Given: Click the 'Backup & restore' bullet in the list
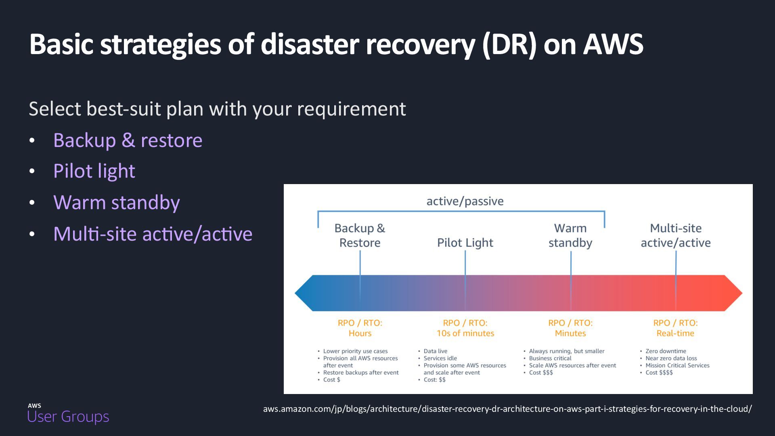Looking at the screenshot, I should coord(128,140).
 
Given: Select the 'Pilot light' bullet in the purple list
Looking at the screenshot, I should coord(94,171).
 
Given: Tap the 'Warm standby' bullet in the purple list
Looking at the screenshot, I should coord(117,202).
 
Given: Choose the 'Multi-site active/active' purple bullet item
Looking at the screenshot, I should coord(153,234).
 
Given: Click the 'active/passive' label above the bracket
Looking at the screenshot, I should coord(465,201).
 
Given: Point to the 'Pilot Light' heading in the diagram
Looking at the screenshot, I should coord(465,243).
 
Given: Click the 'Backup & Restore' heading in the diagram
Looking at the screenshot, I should coord(360,235).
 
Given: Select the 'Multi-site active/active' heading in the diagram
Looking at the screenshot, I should coord(676,235).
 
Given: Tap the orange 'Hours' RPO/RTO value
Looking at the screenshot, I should coord(360,333).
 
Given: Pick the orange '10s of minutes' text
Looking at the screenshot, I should coord(465,333).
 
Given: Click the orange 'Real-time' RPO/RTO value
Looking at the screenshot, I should coord(675,333).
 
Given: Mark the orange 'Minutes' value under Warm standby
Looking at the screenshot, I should coord(570,333).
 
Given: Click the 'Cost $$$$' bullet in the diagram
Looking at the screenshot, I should coord(659,373).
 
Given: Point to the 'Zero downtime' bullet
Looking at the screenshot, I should coord(666,351).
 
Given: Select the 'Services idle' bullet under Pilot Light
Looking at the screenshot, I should coord(440,358).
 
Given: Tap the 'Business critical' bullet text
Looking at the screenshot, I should coord(550,358).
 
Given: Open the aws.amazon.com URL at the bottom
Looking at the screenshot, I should coord(507,409).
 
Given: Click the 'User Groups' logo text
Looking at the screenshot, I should coord(68,416).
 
